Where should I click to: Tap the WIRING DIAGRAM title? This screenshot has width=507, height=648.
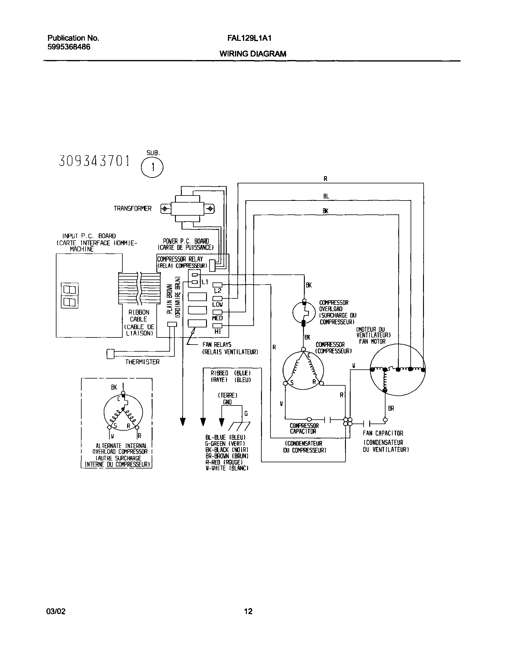[x=253, y=54]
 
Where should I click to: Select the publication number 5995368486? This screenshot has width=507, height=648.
[x=69, y=47]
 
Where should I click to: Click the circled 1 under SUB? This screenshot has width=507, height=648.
[x=152, y=167]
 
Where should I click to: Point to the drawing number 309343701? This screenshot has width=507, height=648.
[x=94, y=161]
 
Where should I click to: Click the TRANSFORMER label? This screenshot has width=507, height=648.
[x=132, y=209]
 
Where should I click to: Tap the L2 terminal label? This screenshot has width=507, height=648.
[x=218, y=291]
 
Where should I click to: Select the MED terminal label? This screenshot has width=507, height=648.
[x=217, y=318]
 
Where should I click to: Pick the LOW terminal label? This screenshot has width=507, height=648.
[x=217, y=304]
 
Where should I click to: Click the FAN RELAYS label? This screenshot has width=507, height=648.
[x=217, y=345]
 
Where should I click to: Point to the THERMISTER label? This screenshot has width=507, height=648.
[x=142, y=362]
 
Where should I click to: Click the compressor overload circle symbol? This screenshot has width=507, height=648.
[x=304, y=313]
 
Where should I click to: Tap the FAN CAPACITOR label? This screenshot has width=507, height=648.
[x=383, y=433]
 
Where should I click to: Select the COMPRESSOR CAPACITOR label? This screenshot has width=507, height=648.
[x=304, y=429]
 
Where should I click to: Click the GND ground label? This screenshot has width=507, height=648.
[x=227, y=402]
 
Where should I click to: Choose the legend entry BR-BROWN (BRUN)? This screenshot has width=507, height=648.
[x=227, y=456]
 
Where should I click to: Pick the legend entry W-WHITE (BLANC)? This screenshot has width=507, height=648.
[x=227, y=468]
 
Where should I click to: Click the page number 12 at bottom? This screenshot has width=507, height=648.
[x=248, y=611]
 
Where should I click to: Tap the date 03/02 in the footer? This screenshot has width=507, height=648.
[x=56, y=611]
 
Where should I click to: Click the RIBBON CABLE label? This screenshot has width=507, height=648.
[x=139, y=316]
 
